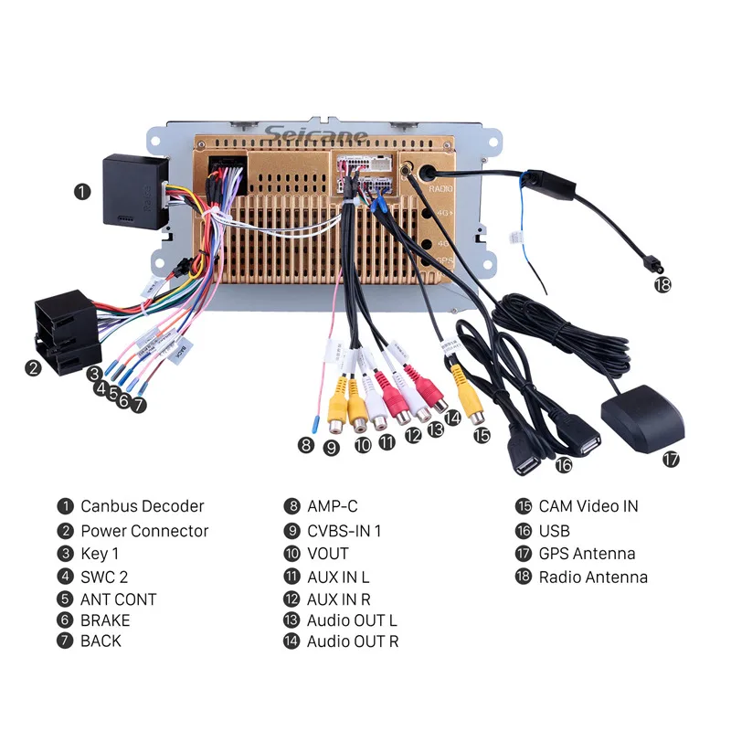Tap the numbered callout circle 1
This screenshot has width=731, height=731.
(x=83, y=191)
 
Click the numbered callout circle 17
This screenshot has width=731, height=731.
(x=672, y=460)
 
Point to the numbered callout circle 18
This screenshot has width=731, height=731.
(x=662, y=284)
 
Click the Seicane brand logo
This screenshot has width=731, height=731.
(x=316, y=136)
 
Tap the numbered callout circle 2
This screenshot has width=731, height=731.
(x=33, y=368)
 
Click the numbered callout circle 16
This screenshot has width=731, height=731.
(x=564, y=465)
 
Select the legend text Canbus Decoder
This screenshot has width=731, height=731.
(x=142, y=506)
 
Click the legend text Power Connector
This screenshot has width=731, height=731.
(x=144, y=531)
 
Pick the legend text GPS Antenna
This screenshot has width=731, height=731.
(x=587, y=553)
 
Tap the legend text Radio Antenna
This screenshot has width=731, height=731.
(x=593, y=577)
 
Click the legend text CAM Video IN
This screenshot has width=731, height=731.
(x=588, y=506)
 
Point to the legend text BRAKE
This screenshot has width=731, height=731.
(x=105, y=620)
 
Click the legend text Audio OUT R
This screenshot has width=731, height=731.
(x=353, y=641)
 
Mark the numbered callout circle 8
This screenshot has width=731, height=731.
(x=306, y=446)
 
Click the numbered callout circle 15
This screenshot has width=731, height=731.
(x=482, y=435)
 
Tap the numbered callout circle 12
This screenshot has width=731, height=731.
(x=414, y=437)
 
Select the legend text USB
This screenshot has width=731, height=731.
(x=554, y=531)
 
